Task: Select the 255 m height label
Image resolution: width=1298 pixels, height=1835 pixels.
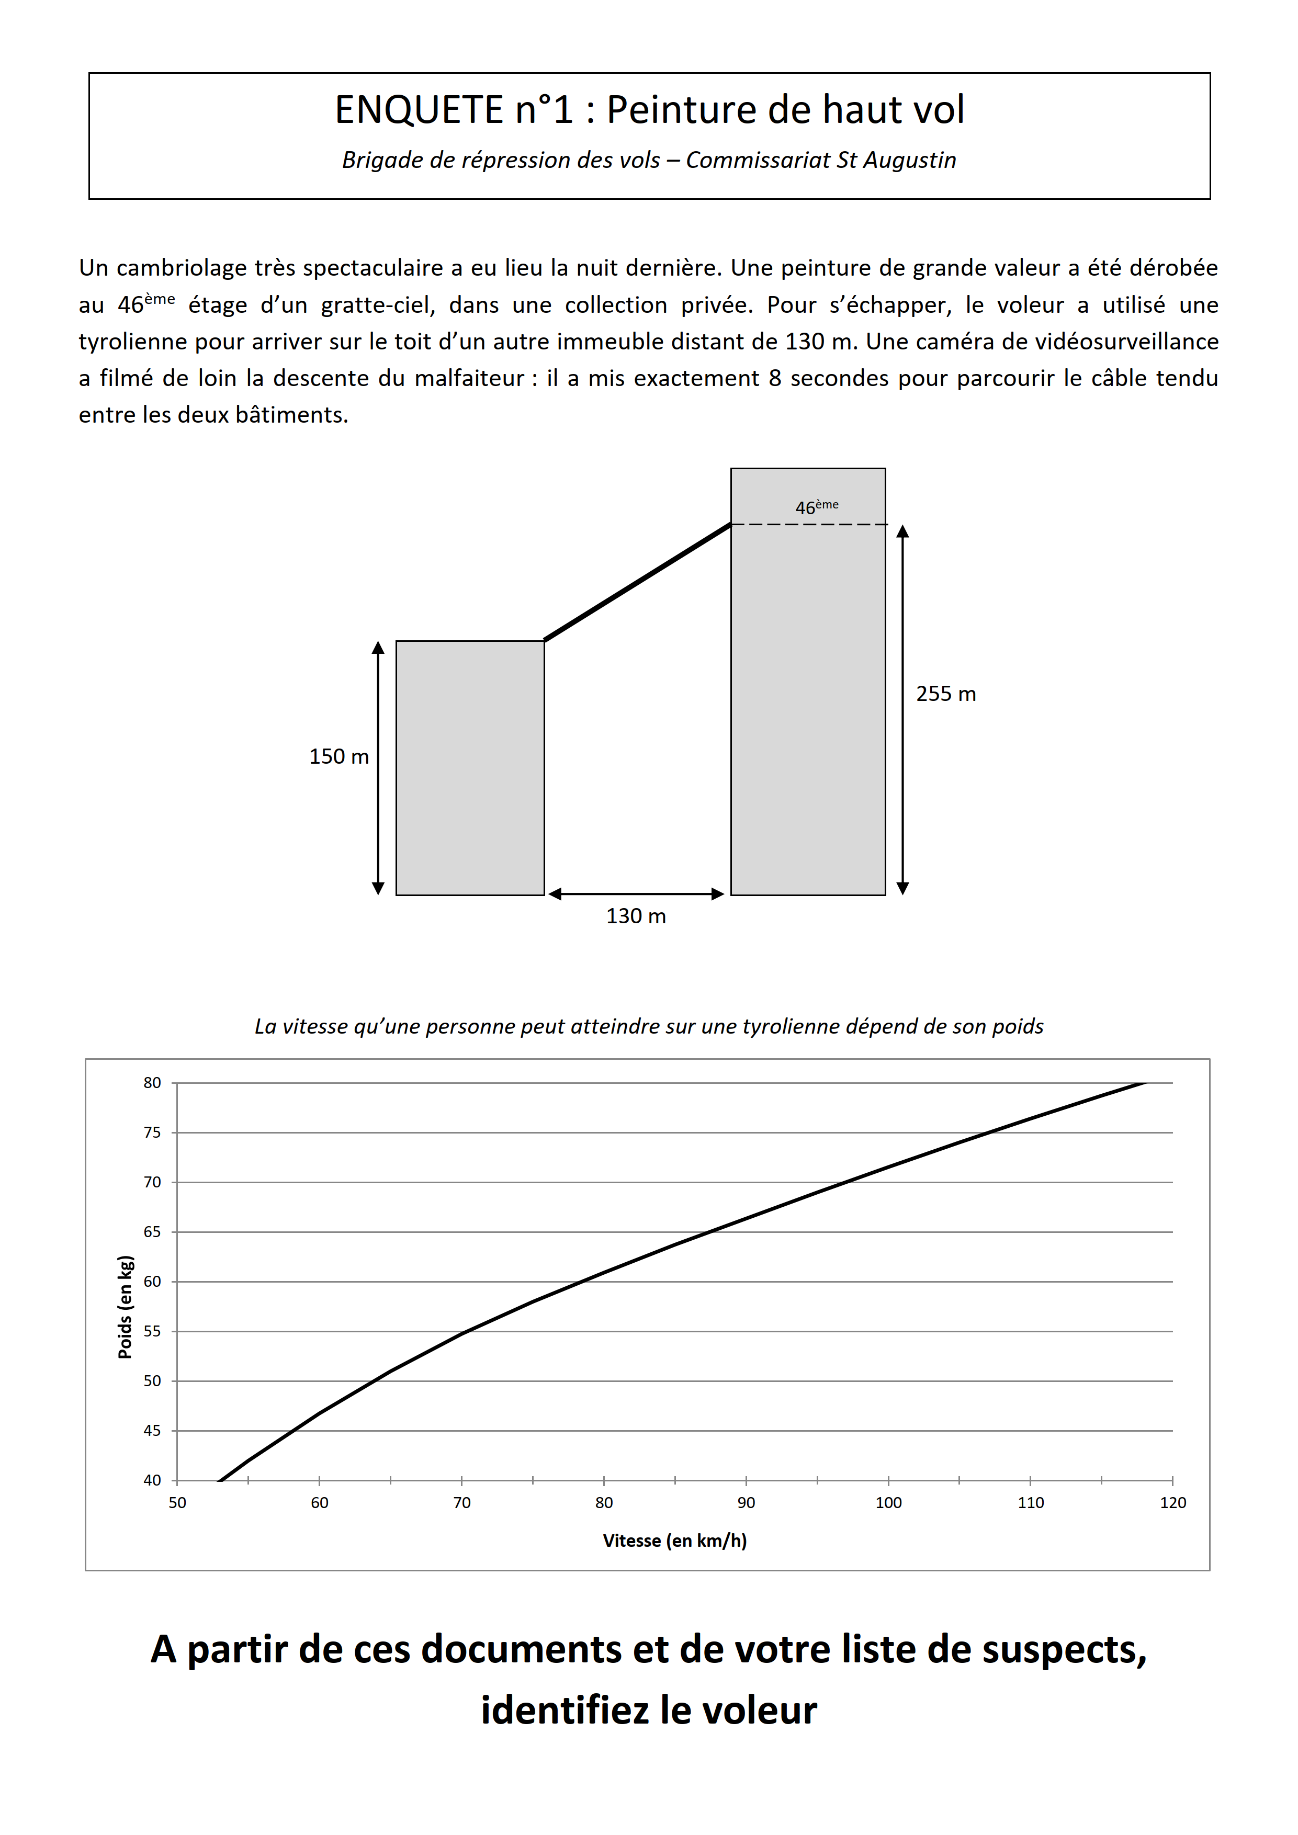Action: coord(945,694)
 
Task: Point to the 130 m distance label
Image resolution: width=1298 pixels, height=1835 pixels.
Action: coord(636,916)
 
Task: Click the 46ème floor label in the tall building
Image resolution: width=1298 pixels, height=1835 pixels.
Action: coord(816,507)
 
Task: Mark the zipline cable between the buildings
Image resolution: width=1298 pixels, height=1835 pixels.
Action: coord(637,582)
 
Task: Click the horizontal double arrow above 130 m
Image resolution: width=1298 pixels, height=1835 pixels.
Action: coord(636,893)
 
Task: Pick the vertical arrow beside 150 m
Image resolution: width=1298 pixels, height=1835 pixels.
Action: coord(378,767)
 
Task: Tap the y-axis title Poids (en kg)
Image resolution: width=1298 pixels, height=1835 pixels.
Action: coord(125,1307)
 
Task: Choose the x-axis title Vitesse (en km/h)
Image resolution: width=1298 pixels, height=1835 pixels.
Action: coord(674,1540)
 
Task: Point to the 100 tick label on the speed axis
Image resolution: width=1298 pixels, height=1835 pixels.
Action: coord(888,1502)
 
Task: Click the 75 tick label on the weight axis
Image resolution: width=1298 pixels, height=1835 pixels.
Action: coord(152,1132)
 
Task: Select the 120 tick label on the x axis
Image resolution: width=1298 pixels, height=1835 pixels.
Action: coord(1172,1502)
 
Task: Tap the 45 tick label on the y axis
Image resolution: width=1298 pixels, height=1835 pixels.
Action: coord(152,1431)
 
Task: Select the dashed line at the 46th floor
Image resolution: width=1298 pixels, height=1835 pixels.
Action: coord(809,524)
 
